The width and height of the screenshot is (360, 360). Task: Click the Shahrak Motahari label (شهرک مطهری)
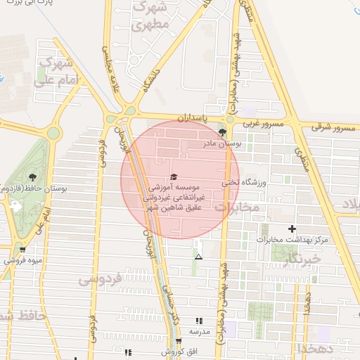tap(150, 16)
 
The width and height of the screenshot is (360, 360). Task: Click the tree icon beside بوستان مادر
tap(223, 131)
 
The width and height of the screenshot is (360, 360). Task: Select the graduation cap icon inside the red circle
tap(174, 176)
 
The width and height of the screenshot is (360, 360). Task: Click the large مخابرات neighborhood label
tap(238, 207)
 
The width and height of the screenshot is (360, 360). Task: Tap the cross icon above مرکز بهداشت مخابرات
tap(292, 229)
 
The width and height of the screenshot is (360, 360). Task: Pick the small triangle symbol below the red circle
tap(198, 257)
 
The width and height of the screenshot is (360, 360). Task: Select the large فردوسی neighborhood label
tap(100, 279)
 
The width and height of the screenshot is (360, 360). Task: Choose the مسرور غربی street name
tap(263, 124)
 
